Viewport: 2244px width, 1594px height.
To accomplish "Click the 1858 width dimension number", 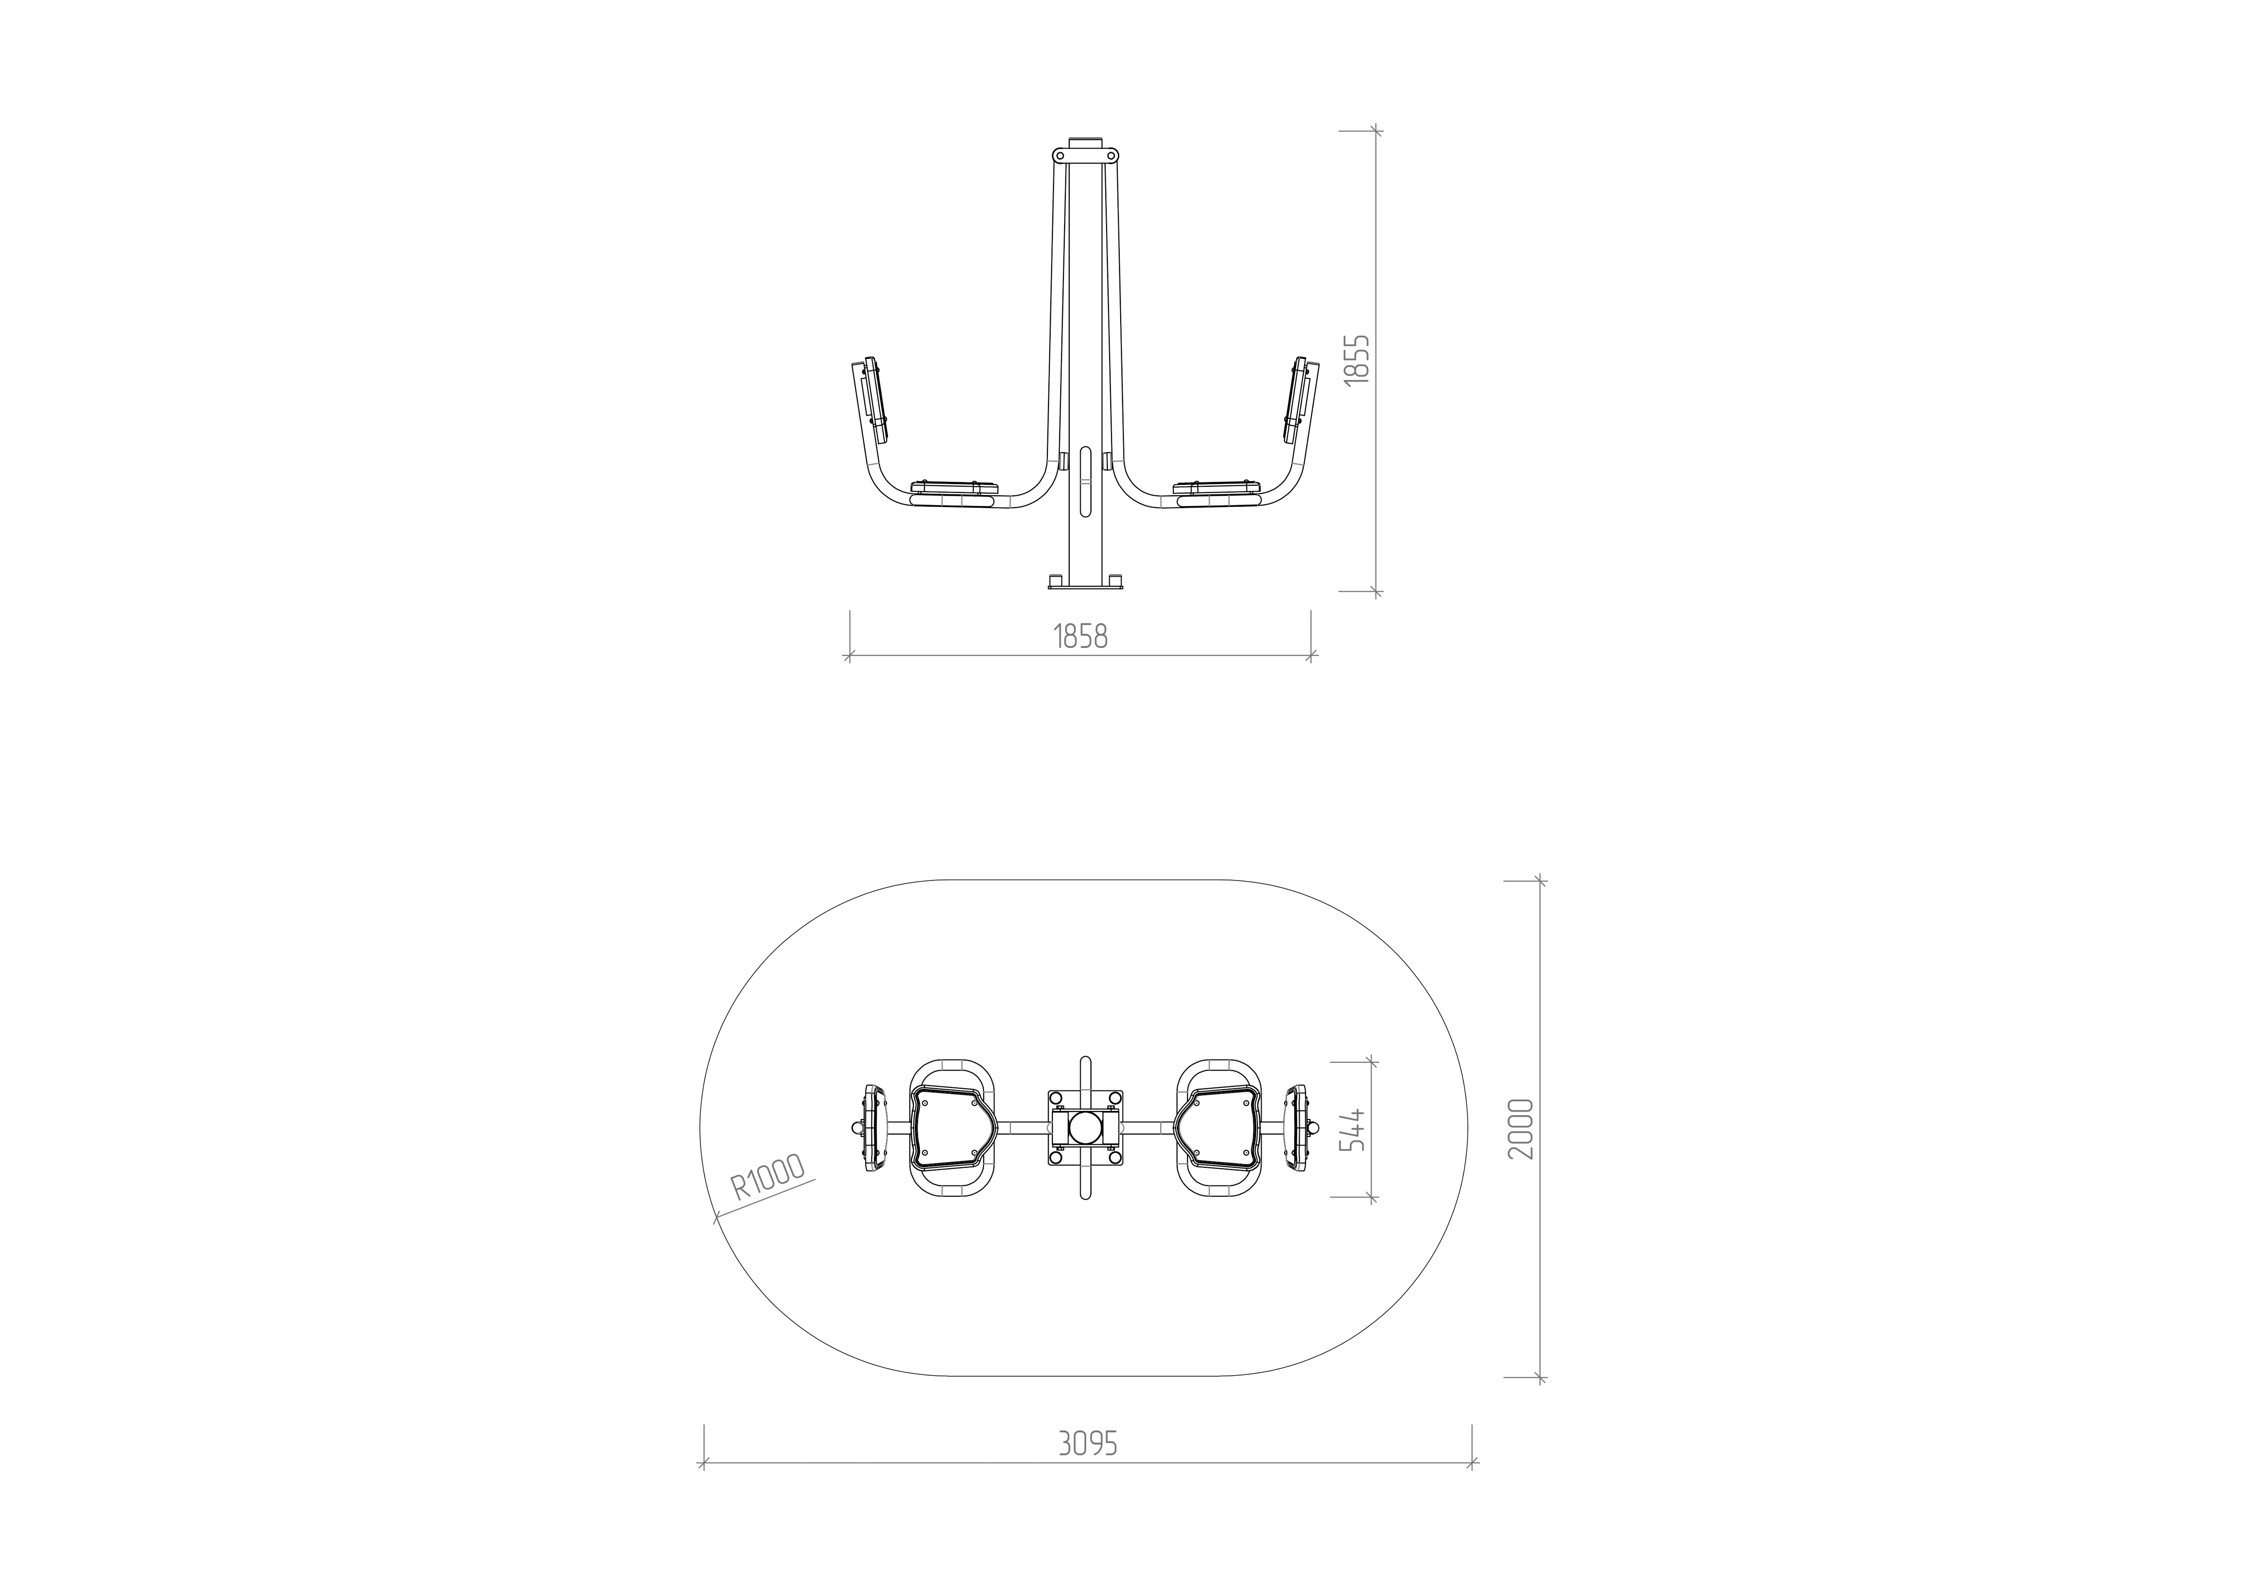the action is pyautogui.click(x=1081, y=637).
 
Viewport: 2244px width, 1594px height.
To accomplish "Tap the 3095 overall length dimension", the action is pyautogui.click(x=1089, y=1444).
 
